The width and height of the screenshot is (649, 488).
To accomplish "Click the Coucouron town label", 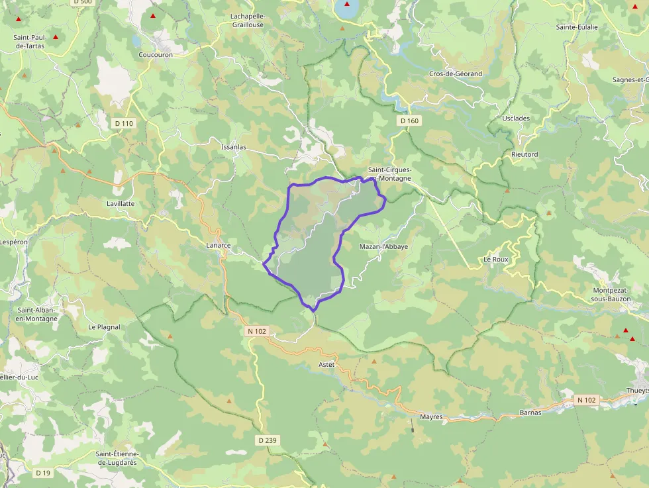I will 156,55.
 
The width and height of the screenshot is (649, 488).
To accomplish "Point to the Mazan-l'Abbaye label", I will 383,247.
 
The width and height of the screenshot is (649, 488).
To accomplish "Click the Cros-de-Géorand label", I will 456,73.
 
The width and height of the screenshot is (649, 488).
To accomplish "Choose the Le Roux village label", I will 496,260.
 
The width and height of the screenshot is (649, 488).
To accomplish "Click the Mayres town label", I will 430,418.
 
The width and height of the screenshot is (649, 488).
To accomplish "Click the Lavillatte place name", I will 121,203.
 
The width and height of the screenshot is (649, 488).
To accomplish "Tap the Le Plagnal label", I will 104,327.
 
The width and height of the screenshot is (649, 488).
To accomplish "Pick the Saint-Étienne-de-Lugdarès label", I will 124,458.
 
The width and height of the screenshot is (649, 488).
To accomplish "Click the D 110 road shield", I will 124,123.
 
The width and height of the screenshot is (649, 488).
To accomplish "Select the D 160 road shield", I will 410,121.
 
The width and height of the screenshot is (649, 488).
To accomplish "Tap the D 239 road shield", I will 267,440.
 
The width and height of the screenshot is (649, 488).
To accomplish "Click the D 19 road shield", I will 43,473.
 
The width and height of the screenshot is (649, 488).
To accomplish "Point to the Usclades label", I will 516,119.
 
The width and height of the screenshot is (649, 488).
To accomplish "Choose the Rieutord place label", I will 524,154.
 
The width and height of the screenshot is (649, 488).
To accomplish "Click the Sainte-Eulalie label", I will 577,27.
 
